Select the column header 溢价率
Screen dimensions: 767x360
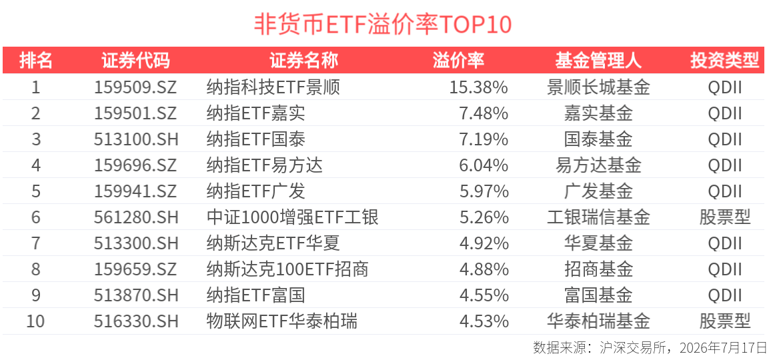[x=458, y=61]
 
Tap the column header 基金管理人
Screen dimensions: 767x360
[x=598, y=61]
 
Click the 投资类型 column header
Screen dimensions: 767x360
[x=724, y=61]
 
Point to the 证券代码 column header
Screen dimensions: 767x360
[x=135, y=61]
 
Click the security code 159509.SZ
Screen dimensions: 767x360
[x=135, y=87]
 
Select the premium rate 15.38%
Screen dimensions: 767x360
[x=478, y=87]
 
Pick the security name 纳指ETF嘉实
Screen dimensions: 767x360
[x=256, y=113]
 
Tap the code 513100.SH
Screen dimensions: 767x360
[x=135, y=139]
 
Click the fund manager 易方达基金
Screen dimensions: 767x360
[x=598, y=165]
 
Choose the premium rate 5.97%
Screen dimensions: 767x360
[x=484, y=191]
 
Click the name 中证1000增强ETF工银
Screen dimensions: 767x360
[x=293, y=217]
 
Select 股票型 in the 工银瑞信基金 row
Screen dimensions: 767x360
[x=724, y=217]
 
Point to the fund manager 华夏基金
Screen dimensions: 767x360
[x=598, y=243]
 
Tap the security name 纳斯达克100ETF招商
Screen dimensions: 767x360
[x=287, y=269]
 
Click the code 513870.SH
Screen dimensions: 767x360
[x=135, y=295]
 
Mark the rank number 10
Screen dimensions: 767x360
[x=35, y=321]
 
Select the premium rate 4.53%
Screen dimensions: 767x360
[x=484, y=321]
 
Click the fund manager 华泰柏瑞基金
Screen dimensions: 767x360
[x=598, y=321]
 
